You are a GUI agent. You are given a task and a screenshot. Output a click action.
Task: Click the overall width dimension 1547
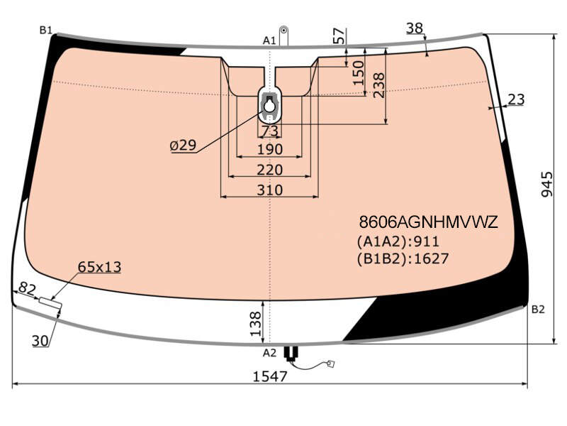tap(270, 376)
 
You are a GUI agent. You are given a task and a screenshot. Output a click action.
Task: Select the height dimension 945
tap(547, 185)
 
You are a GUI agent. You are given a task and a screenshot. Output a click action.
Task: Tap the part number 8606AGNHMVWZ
tap(429, 222)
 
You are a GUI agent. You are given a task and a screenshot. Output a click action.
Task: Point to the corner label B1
tap(46, 30)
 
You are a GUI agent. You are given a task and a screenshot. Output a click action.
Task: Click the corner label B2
tap(538, 310)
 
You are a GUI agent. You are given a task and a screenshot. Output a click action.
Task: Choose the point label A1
tap(269, 40)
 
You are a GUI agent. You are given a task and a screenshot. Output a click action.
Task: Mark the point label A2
tap(269, 353)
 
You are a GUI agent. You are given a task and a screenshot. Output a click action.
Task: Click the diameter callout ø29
tap(183, 146)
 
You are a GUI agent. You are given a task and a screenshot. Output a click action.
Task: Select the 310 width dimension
tap(270, 190)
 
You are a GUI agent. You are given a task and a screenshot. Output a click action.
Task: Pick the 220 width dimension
tap(270, 170)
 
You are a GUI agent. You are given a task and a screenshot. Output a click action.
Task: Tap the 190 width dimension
tap(270, 149)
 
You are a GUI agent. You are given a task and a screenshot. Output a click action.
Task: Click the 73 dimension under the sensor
tap(270, 131)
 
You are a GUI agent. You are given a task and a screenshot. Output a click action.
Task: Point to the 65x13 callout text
tap(99, 267)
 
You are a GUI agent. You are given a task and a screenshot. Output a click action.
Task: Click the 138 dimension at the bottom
tap(255, 324)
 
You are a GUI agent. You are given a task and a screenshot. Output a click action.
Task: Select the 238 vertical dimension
tap(378, 85)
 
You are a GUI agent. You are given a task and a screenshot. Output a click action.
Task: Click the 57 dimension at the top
tap(339, 36)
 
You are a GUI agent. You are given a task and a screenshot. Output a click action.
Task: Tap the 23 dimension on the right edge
tap(516, 99)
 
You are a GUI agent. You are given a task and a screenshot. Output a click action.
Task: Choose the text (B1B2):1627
tap(403, 258)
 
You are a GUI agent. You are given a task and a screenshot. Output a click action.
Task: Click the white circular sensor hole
tap(269, 106)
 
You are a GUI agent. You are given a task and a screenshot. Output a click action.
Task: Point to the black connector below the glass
tap(291, 352)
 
